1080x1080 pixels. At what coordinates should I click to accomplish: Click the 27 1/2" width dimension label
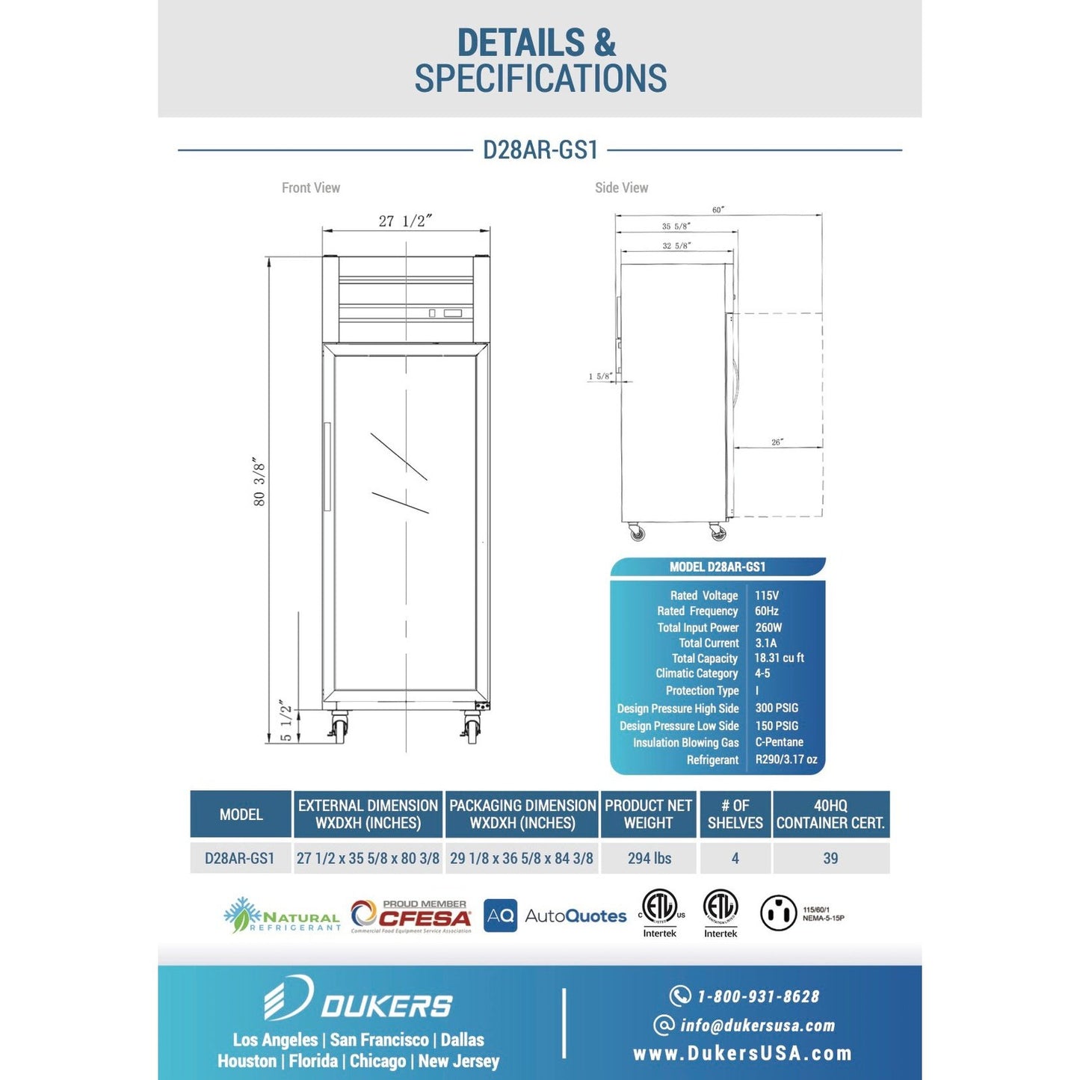[x=405, y=221]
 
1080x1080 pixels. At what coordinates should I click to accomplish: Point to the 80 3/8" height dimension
[x=259, y=482]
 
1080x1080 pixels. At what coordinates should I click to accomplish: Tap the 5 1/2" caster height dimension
[x=286, y=721]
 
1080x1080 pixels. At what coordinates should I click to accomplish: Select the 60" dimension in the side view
[x=718, y=210]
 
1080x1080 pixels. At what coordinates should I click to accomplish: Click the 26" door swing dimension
[x=777, y=442]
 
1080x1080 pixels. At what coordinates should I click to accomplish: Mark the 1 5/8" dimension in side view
[x=600, y=377]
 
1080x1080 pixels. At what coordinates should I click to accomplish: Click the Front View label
[x=311, y=188]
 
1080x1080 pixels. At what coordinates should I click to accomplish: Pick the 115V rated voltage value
[x=767, y=596]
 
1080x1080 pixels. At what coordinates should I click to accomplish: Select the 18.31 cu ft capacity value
[x=779, y=658]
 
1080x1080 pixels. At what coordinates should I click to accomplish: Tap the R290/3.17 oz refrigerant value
[x=786, y=759]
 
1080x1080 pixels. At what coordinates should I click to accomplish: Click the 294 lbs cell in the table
[x=649, y=858]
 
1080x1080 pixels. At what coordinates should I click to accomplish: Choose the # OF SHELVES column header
[x=735, y=814]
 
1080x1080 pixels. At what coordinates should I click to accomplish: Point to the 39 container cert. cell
[x=830, y=858]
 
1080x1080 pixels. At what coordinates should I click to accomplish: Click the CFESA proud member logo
[x=412, y=916]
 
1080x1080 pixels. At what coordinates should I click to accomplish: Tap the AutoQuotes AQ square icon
[x=500, y=916]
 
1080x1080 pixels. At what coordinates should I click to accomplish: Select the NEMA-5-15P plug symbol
[x=779, y=913]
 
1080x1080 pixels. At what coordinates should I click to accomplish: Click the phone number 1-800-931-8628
[x=757, y=996]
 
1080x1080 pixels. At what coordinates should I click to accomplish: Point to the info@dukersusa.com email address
[x=757, y=1025]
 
